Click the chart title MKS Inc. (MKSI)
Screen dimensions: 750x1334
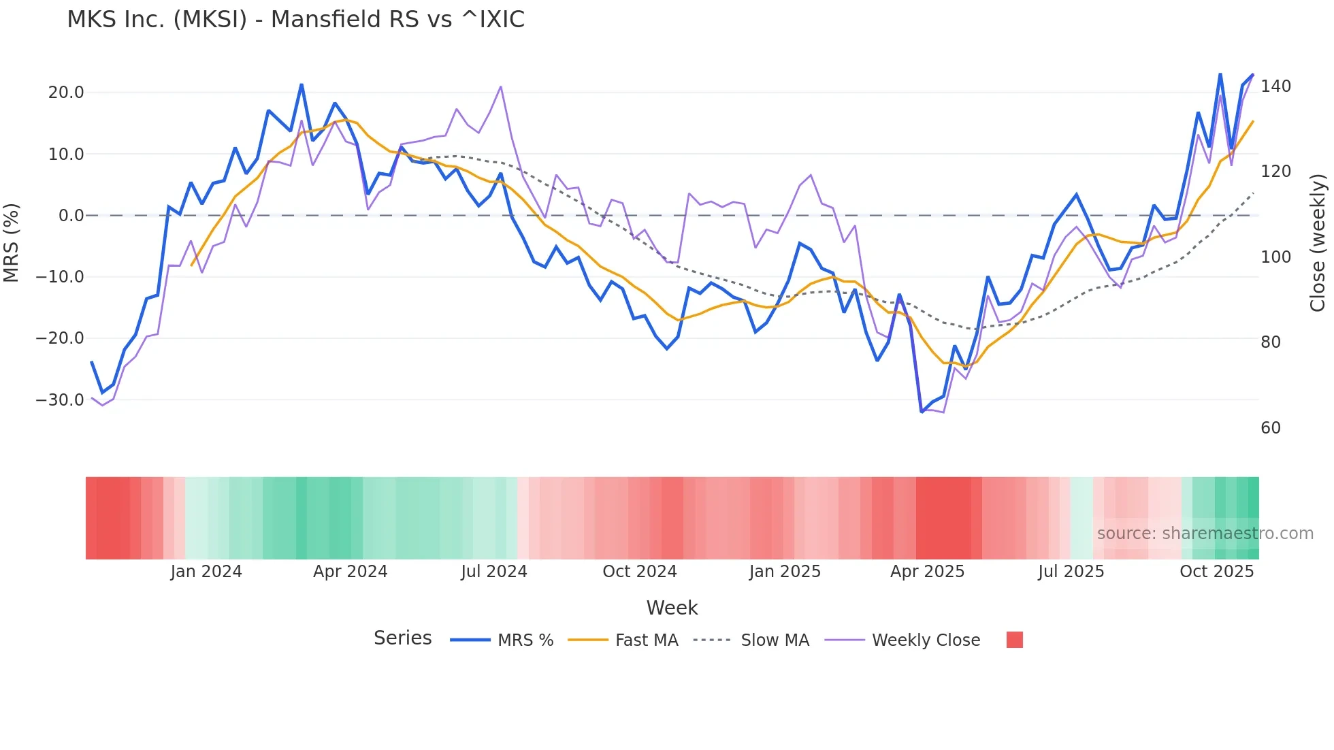coord(295,20)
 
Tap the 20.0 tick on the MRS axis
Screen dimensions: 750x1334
coord(66,93)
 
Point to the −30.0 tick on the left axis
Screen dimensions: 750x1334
coord(60,400)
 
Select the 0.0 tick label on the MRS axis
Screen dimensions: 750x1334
coord(71,216)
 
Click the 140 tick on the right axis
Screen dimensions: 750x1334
coord(1275,86)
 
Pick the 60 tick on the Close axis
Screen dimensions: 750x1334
coord(1270,428)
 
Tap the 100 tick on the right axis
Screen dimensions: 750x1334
coord(1275,257)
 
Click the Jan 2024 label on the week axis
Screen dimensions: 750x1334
coord(206,572)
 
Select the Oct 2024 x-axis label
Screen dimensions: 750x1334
coord(639,572)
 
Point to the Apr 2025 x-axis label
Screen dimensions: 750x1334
coord(927,572)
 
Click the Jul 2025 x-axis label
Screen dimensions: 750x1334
coord(1071,572)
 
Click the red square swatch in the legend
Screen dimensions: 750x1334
coord(1014,640)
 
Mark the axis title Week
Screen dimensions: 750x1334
coord(672,608)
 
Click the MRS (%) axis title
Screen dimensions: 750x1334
coord(12,242)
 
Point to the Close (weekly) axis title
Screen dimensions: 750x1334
coord(1318,243)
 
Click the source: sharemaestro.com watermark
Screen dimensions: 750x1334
coord(1205,534)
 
